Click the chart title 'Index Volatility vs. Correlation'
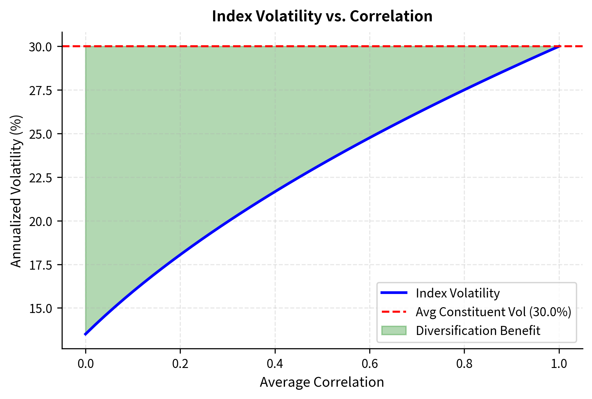click(x=322, y=16)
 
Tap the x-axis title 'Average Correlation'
click(x=322, y=382)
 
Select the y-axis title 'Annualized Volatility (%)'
click(x=16, y=191)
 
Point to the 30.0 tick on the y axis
click(x=40, y=47)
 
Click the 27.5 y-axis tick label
click(x=40, y=91)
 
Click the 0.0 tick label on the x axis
click(x=86, y=364)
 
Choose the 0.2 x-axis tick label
click(x=180, y=364)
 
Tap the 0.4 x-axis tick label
click(x=275, y=364)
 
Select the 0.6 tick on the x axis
click(x=370, y=364)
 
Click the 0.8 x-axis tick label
click(x=464, y=364)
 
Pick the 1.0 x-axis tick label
click(x=559, y=364)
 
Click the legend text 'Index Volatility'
click(x=458, y=293)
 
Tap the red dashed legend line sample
click(x=394, y=312)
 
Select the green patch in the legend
click(x=394, y=330)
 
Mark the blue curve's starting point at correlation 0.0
click(x=86, y=334)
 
